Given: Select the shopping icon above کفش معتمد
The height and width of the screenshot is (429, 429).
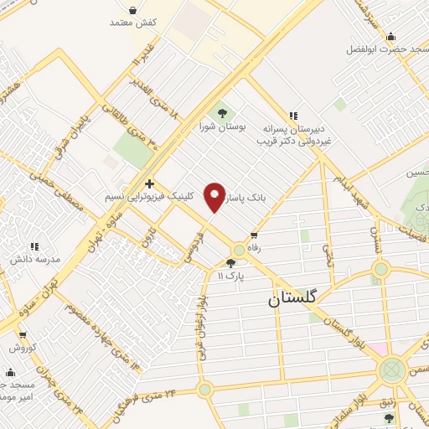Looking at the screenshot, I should (135, 12).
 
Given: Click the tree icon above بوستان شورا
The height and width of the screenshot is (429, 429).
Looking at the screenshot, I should (222, 111).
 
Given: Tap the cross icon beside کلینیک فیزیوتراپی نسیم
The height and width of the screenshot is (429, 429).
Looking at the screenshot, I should (149, 183).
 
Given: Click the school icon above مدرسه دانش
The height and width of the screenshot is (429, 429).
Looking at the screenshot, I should (34, 246).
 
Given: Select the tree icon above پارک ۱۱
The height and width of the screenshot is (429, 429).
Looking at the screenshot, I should (230, 262).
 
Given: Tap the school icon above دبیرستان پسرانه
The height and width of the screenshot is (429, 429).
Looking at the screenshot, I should (292, 116).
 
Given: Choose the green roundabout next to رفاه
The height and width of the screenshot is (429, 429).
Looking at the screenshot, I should (240, 250).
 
